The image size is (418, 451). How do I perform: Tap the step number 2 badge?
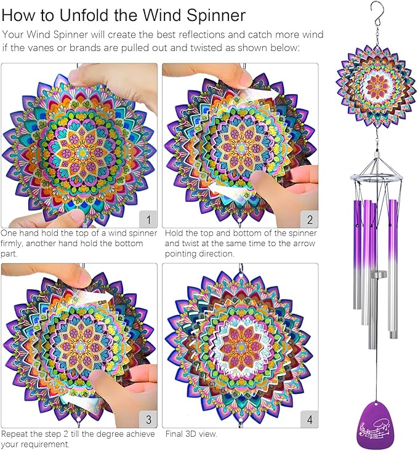coord(308,218)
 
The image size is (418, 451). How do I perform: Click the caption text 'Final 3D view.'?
coord(191,434)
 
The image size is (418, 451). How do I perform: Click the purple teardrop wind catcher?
coord(375,425)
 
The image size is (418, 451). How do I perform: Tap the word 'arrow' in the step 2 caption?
coord(300,244)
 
